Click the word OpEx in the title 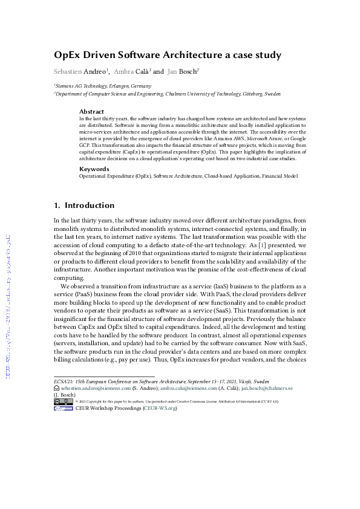(x=69, y=56)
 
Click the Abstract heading (x=92, y=112)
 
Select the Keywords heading (x=94, y=169)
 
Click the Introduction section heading (x=89, y=206)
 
